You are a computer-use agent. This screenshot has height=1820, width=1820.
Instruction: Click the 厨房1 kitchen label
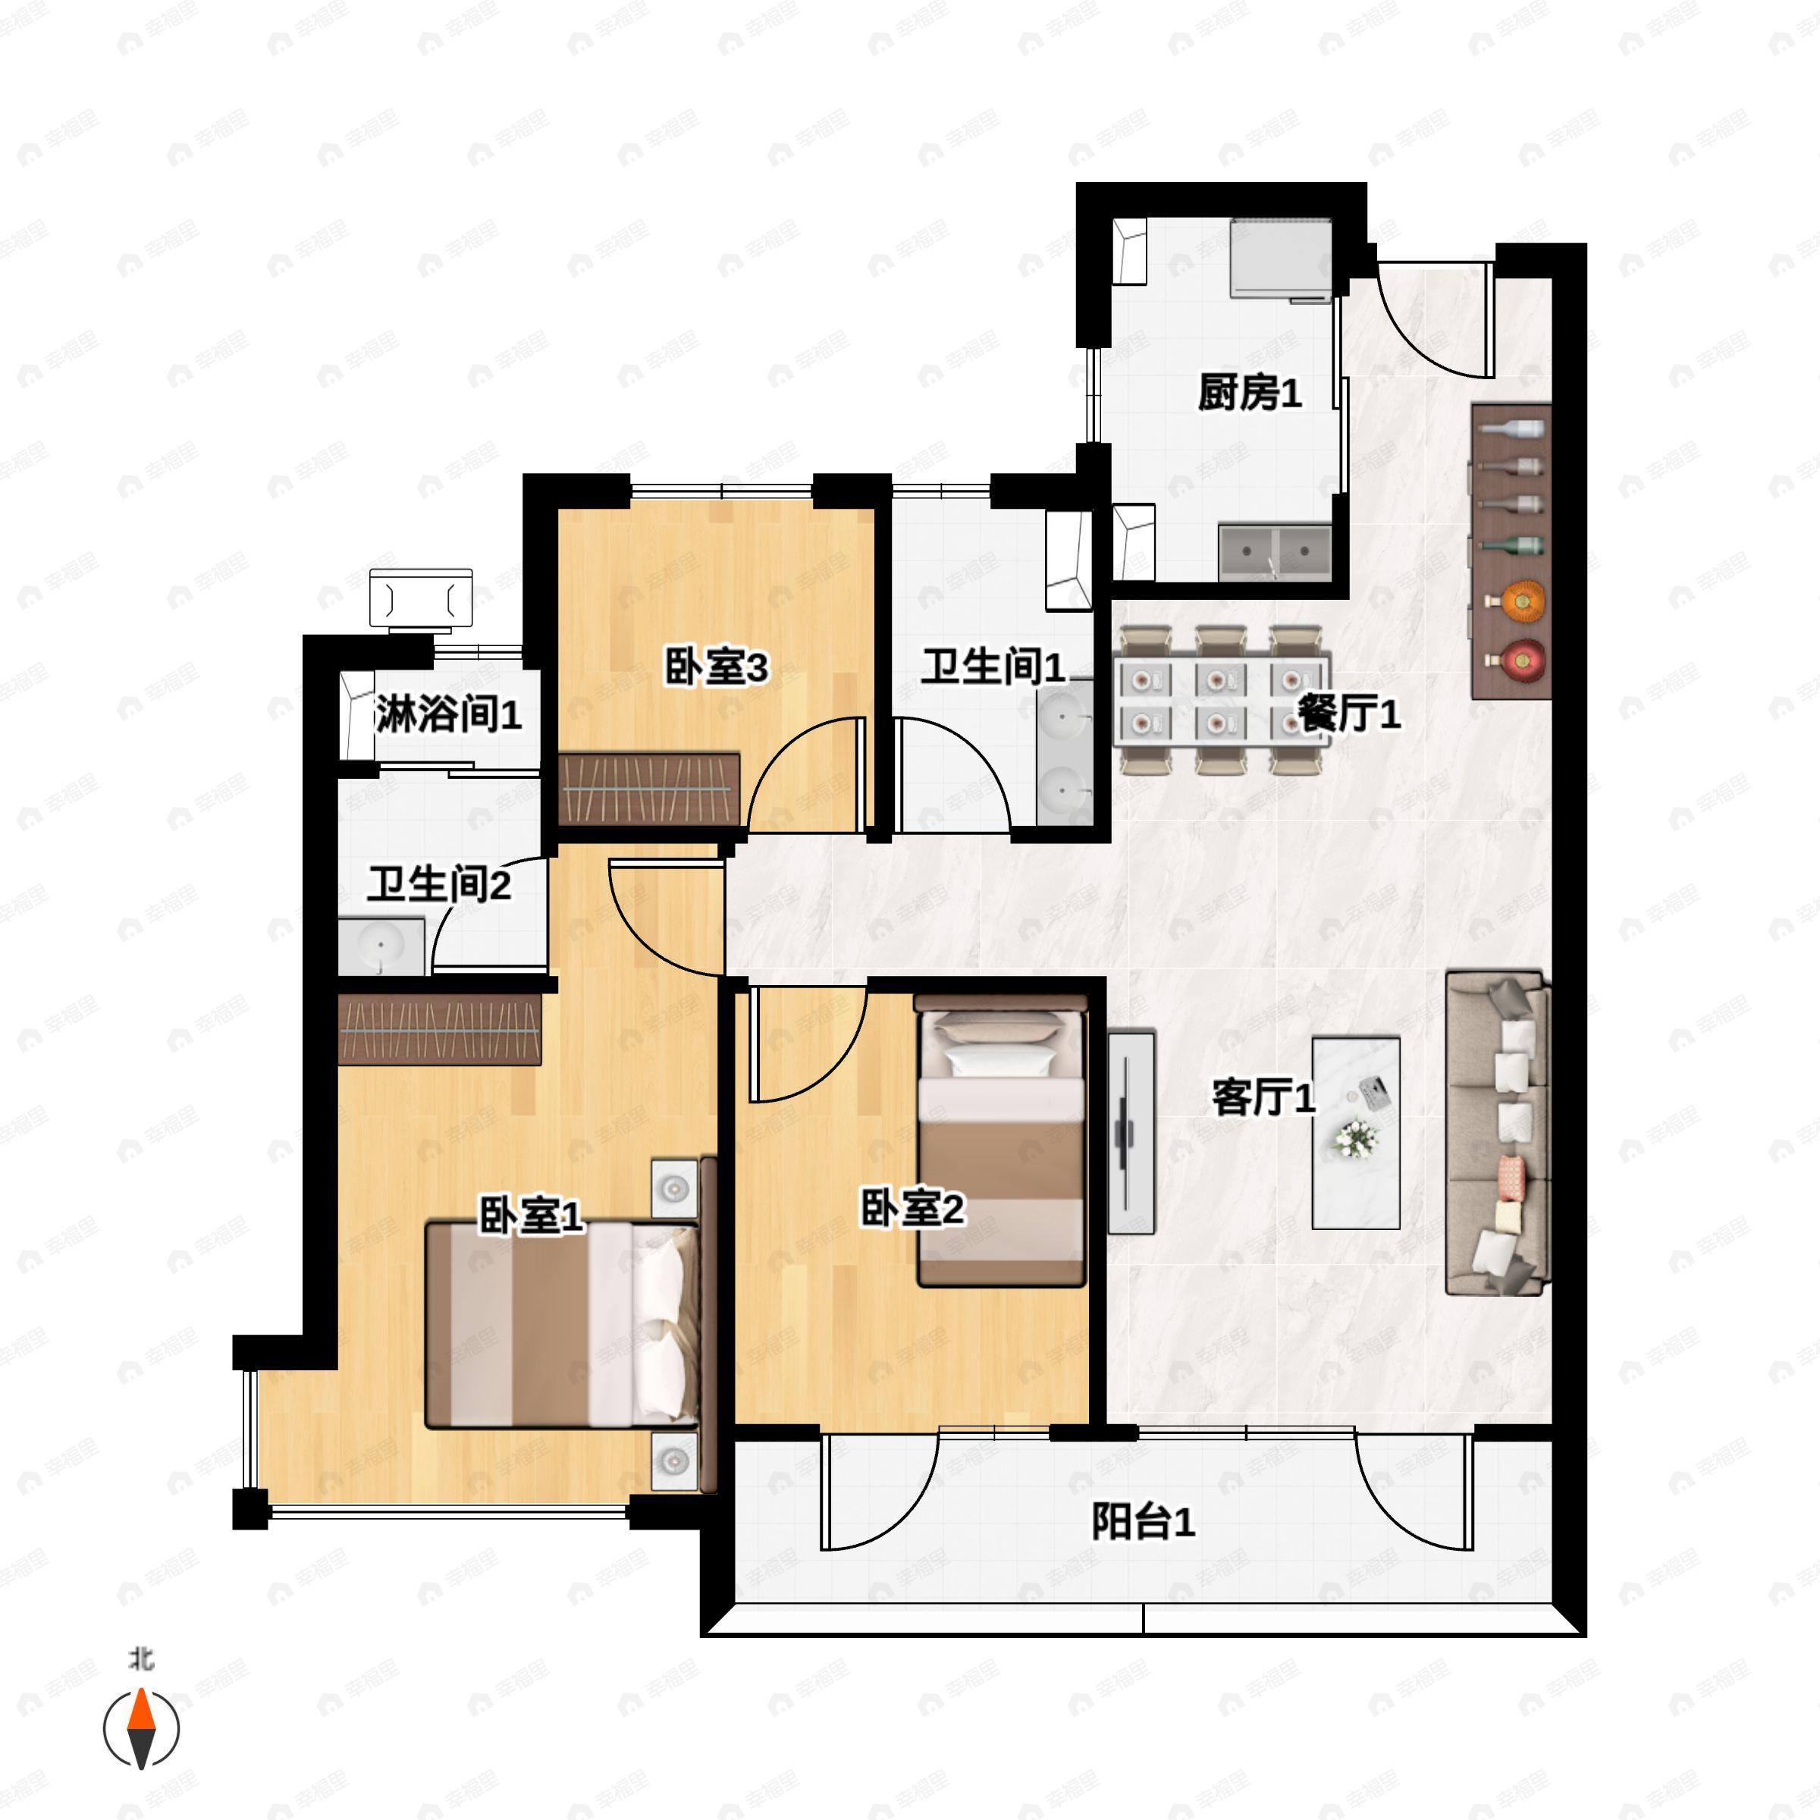pyautogui.click(x=1249, y=393)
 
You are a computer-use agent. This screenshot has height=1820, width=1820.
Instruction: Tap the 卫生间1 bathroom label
pyautogui.click(x=993, y=667)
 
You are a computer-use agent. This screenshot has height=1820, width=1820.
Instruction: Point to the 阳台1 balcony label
pyautogui.click(x=1143, y=1520)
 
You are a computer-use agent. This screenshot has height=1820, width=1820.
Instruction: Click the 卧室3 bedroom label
pyautogui.click(x=716, y=667)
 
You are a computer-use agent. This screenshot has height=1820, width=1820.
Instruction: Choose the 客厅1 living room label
pyautogui.click(x=1263, y=1097)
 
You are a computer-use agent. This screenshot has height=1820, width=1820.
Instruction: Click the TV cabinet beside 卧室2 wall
pyautogui.click(x=1131, y=1131)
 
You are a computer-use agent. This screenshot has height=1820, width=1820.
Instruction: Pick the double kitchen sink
pyautogui.click(x=1275, y=551)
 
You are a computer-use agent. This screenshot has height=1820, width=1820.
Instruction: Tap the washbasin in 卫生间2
pyautogui.click(x=381, y=946)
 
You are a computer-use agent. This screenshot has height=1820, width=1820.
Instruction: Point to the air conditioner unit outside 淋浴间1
pyautogui.click(x=421, y=598)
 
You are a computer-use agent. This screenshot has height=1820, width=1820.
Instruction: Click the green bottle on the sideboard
pyautogui.click(x=1512, y=544)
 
